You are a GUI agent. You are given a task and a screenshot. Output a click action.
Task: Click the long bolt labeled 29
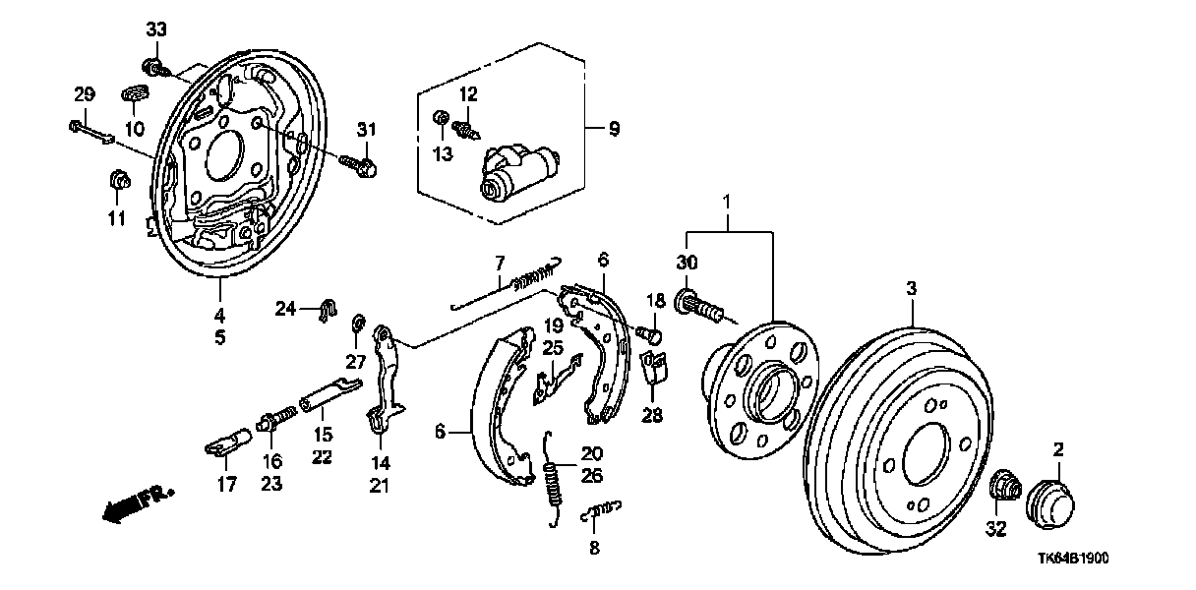[x=93, y=131]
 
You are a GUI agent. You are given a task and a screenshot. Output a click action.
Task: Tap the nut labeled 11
[x=117, y=182]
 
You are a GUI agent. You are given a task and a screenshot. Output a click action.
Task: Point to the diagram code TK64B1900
[x=1073, y=557]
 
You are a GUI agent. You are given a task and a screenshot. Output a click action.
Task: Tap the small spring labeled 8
[x=601, y=510]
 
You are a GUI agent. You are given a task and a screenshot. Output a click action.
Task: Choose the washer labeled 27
[x=359, y=320]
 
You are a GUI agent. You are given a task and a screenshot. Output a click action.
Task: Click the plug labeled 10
[x=135, y=95]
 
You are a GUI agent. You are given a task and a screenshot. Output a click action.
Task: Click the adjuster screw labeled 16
[x=275, y=420]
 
